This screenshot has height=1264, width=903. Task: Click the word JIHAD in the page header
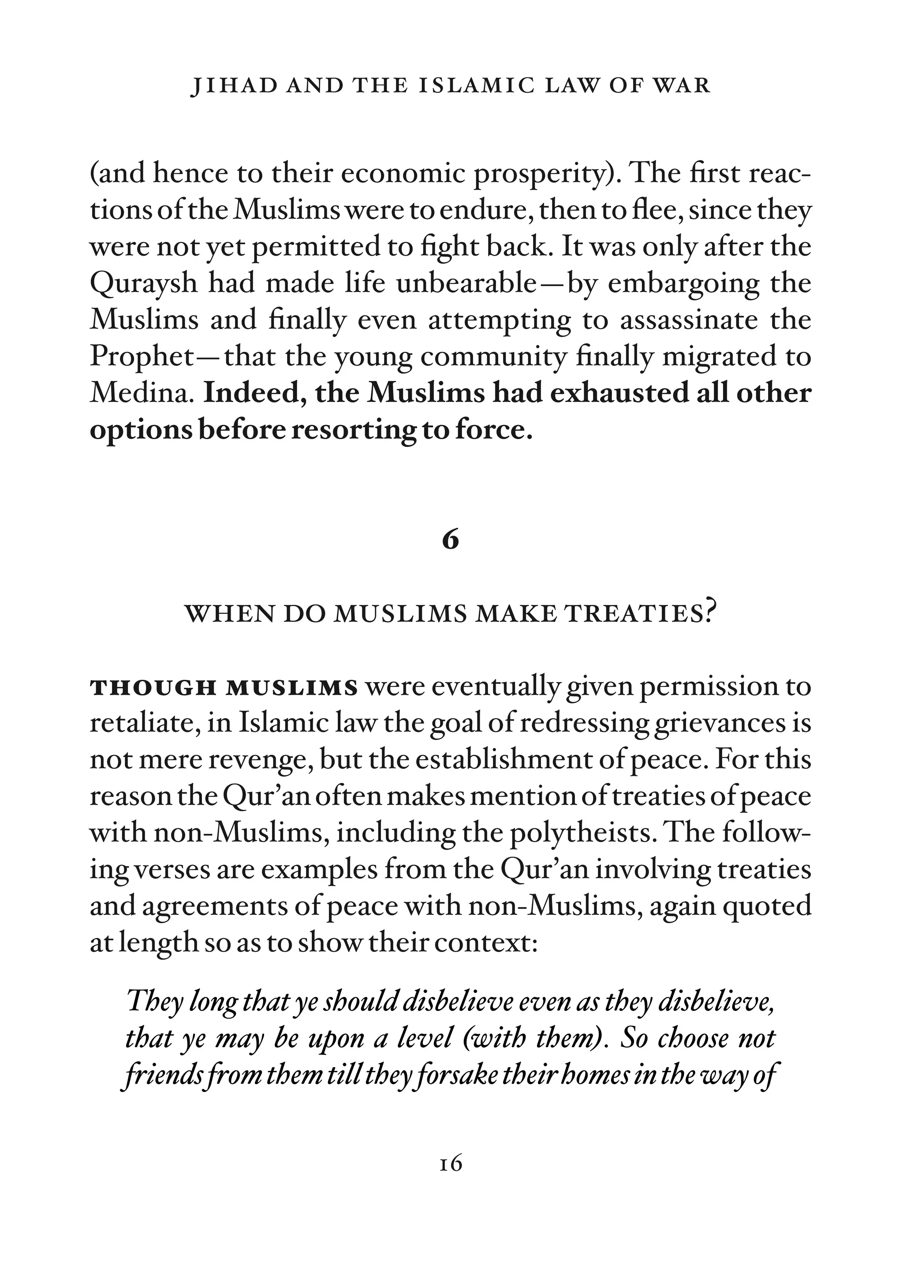[234, 86]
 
